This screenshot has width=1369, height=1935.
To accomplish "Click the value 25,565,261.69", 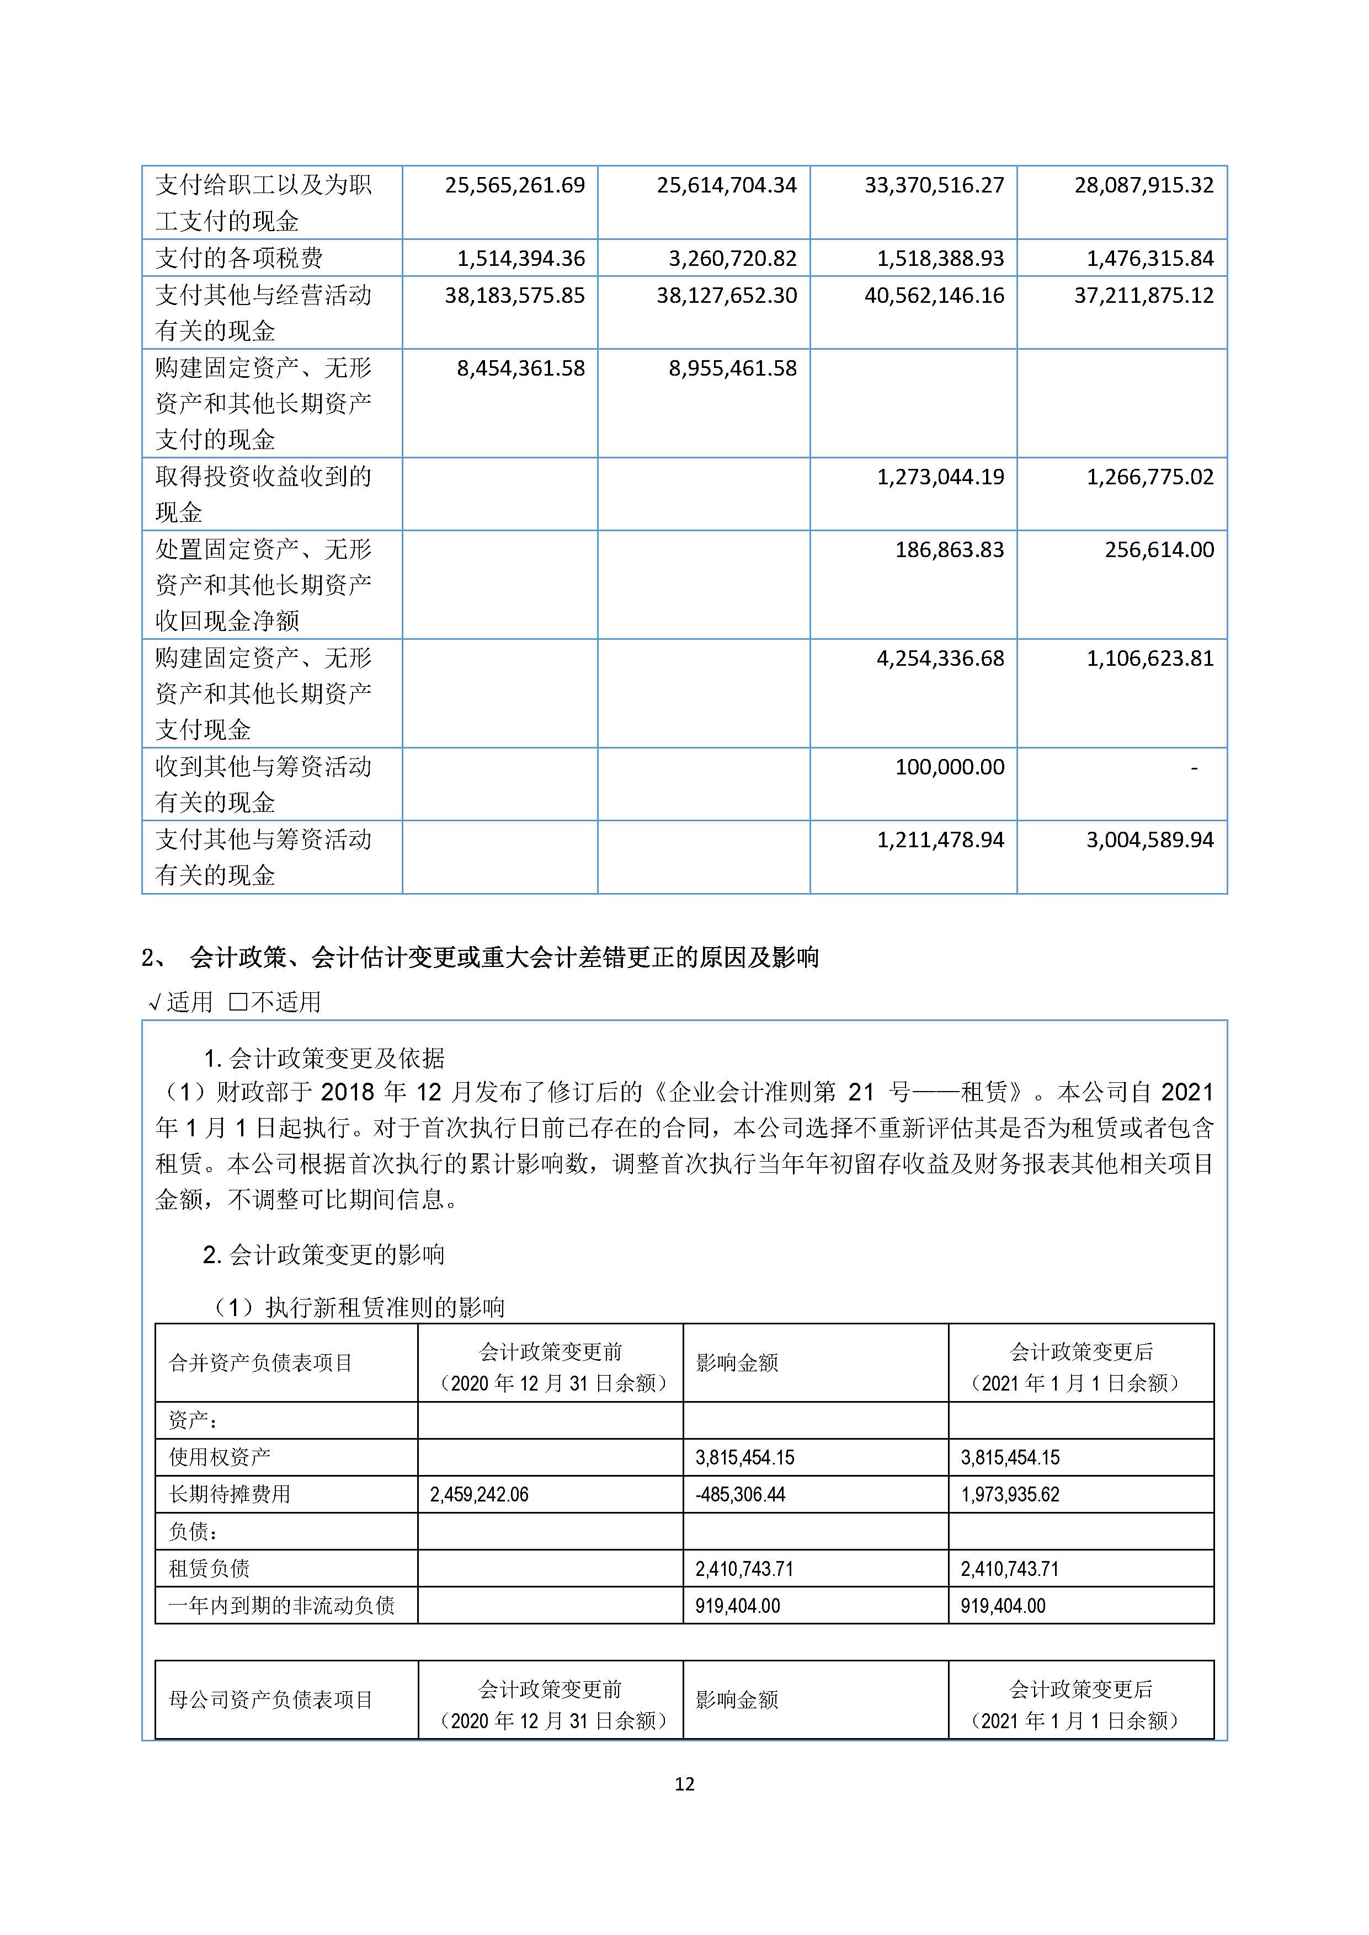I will [x=514, y=185].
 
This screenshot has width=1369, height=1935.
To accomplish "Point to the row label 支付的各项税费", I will [x=239, y=258].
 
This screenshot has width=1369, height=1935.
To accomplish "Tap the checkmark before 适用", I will [x=155, y=1002].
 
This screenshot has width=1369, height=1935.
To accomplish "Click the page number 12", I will [x=684, y=1783].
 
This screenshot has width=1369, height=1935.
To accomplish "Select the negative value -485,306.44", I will [x=739, y=1494].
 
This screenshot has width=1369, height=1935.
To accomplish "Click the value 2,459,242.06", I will [x=479, y=1494].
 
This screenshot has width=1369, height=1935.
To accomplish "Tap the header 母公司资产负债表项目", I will [x=270, y=1700].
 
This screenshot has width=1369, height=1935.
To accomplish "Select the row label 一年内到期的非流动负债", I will [x=281, y=1606].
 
